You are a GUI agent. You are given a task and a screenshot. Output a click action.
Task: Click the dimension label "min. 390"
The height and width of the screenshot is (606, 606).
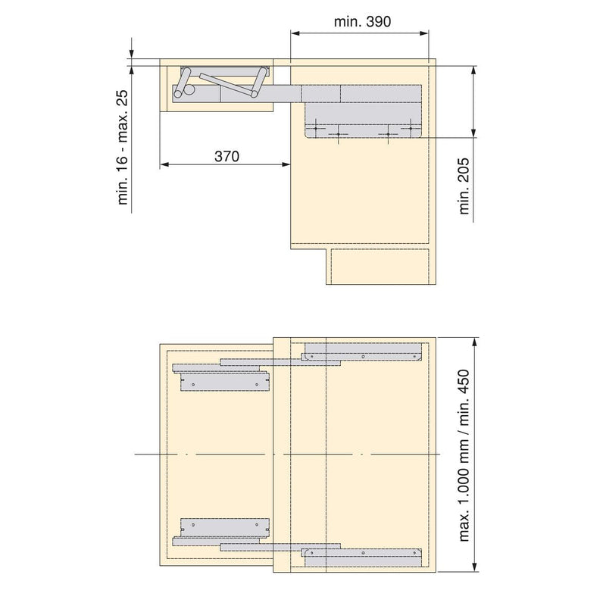point(361,22)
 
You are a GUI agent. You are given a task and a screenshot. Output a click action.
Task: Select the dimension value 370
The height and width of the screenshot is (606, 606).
point(226,157)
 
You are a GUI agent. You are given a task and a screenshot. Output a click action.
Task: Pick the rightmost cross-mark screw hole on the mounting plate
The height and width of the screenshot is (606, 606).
point(413,129)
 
